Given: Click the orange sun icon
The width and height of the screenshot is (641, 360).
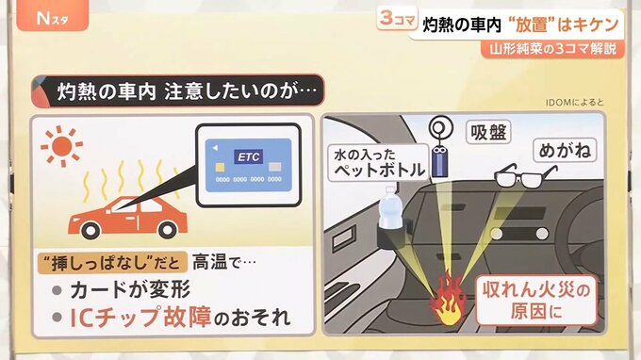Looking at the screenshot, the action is click(61, 146).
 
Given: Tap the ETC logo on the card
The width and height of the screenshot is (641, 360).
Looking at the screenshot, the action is click(249, 157).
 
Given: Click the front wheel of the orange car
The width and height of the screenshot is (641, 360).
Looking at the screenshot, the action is click(90, 230).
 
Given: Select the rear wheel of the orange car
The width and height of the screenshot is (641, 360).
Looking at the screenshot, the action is click(168, 230).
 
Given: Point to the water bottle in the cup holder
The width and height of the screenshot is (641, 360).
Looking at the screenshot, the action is click(388, 209).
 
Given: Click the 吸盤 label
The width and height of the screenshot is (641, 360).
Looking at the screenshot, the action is click(488, 132).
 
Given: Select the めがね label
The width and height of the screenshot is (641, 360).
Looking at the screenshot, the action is click(565, 150).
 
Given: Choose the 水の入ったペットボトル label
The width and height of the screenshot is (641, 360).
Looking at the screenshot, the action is click(379, 163).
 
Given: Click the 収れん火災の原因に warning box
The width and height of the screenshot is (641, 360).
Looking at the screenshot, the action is click(536, 301).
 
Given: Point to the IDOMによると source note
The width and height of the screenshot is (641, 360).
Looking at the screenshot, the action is click(574, 103).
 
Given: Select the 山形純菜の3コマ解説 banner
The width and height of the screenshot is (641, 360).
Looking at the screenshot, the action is click(553, 49).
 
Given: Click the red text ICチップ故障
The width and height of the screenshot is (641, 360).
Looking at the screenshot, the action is click(140, 317).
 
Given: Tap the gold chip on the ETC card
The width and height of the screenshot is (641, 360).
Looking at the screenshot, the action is click(220, 167).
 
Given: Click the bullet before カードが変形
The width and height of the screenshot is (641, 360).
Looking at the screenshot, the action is click(57, 290).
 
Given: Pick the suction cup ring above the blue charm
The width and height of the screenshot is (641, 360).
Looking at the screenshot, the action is click(441, 128).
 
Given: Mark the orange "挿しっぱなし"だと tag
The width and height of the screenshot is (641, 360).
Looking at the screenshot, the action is click(112, 262).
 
